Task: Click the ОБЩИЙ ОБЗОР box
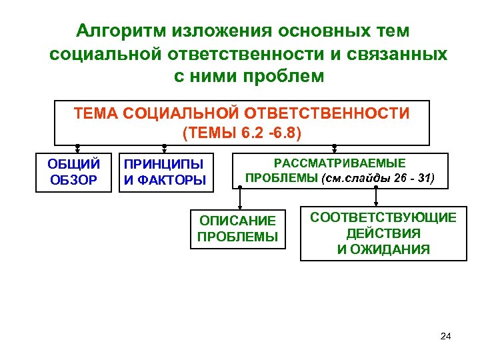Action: pos(73,172)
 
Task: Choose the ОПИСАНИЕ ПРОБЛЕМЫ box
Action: pos(237,229)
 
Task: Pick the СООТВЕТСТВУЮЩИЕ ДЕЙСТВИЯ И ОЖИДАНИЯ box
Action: pos(383,233)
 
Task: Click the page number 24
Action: pos(446,335)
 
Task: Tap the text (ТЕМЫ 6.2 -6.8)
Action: pos(242,132)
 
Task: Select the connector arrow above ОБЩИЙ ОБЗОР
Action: pos(77,149)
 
